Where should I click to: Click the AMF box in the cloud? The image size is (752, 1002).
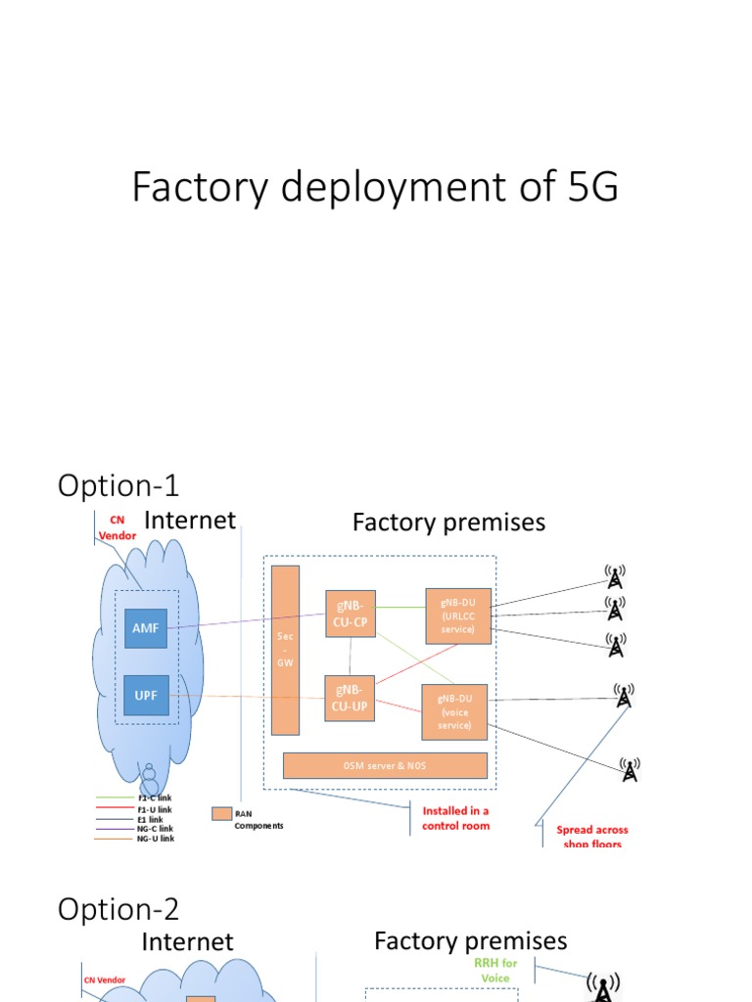coord(146,629)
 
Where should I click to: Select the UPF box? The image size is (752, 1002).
coord(146,695)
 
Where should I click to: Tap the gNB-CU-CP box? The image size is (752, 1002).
coord(350,614)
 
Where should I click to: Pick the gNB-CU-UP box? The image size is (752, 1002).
coord(350,698)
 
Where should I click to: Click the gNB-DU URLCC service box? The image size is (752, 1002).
coord(457,616)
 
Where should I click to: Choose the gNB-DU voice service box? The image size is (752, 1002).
coord(454,711)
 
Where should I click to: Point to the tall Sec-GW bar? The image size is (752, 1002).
coord(286,650)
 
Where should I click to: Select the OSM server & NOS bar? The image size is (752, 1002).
coord(385,765)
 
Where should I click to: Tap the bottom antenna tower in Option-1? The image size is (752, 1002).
coord(630,770)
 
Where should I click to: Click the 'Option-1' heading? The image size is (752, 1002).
coord(118,485)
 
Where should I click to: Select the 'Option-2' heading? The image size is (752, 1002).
coord(118,909)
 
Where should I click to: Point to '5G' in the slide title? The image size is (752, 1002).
coord(592,187)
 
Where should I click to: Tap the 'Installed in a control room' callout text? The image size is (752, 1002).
coord(455,818)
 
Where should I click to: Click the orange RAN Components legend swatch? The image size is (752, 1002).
coord(221,813)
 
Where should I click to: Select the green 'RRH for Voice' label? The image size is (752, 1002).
coord(495,971)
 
